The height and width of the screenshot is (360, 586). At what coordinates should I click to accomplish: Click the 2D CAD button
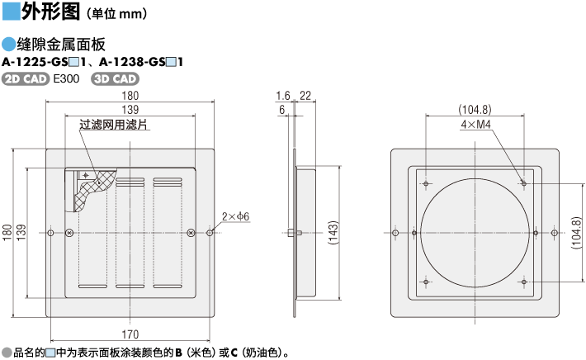click(26, 78)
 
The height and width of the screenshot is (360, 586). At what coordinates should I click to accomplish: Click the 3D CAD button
click(116, 78)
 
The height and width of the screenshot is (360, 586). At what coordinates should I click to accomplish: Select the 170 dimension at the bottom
click(130, 334)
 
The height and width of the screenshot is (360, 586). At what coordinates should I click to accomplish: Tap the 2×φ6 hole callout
click(235, 216)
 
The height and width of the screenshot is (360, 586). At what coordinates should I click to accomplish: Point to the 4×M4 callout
click(476, 125)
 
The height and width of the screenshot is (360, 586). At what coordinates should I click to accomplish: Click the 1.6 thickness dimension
click(283, 96)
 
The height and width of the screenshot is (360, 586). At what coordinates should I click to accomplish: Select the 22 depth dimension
click(305, 96)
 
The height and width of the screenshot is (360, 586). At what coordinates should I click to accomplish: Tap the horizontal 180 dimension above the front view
click(130, 96)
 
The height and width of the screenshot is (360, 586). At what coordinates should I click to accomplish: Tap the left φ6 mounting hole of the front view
click(50, 234)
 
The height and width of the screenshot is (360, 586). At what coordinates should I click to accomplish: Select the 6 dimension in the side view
click(282, 110)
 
